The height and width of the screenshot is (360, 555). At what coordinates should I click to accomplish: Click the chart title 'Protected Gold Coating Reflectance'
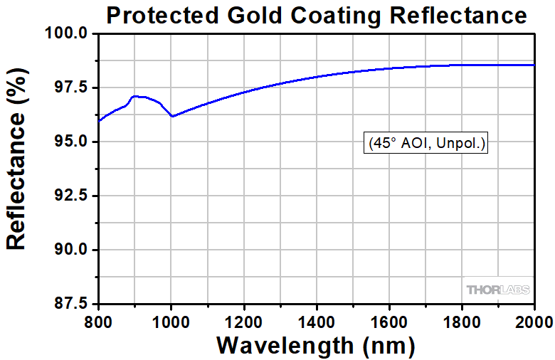click(317, 15)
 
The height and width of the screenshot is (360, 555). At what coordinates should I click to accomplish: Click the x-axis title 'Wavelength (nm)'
click(316, 345)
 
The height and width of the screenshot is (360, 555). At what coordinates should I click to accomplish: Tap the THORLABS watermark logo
click(499, 290)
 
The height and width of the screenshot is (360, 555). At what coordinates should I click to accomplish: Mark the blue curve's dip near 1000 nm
click(172, 116)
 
